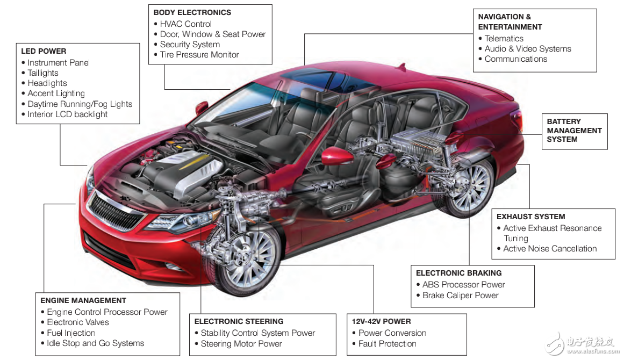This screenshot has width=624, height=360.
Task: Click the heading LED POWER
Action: [44, 51]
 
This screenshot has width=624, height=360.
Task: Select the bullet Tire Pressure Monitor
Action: [199, 55]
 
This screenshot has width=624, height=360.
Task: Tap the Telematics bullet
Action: [504, 39]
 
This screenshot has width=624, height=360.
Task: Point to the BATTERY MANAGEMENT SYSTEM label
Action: [574, 131]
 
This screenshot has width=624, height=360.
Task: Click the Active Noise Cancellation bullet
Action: [550, 249]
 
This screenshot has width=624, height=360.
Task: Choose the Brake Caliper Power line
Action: [460, 296]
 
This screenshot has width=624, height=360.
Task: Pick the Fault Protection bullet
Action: [387, 344]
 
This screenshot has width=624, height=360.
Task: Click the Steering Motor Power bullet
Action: [241, 344]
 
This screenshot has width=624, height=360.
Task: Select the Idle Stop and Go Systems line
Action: [95, 343]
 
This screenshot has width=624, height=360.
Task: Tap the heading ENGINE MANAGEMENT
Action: [83, 300]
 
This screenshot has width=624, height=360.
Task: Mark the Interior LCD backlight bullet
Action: [67, 114]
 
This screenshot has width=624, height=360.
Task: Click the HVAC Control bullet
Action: [185, 24]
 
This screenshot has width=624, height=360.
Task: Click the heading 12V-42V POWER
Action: [381, 321]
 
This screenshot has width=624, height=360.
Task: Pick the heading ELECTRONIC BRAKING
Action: [458, 273]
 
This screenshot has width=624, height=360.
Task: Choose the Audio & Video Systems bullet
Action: [528, 49]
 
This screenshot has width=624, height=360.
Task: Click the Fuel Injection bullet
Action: [71, 333]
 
